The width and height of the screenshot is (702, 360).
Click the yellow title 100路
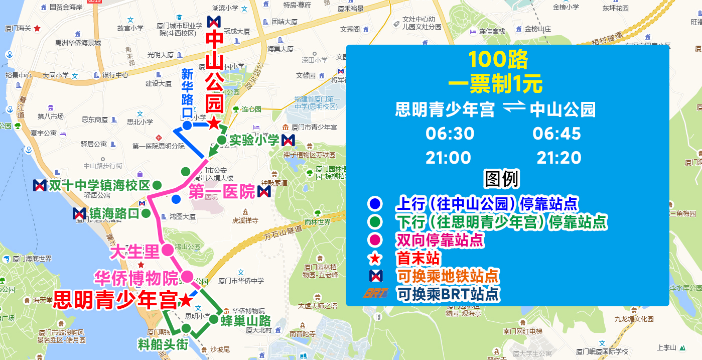tap(498, 60)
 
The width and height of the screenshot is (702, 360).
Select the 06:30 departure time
tap(450, 134)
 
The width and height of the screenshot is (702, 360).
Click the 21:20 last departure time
tap(558, 158)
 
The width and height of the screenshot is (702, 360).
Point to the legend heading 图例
tap(501, 179)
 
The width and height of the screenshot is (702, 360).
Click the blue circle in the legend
tap(375, 204)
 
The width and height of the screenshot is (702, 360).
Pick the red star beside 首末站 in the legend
tap(375, 259)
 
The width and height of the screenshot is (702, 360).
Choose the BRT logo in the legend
tap(375, 293)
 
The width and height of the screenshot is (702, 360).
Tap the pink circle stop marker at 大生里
tap(167, 250)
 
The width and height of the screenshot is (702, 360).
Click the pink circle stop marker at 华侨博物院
tap(187, 276)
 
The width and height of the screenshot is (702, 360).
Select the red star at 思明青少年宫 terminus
tap(185, 300)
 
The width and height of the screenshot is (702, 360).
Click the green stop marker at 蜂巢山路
tap(213, 319)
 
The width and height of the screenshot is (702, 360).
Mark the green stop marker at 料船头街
tap(186, 328)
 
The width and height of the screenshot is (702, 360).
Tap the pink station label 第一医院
tap(221, 192)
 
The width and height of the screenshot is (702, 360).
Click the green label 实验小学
tap(254, 140)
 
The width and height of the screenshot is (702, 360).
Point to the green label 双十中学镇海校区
tap(99, 185)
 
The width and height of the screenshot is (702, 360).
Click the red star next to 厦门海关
tap(37, 29)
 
